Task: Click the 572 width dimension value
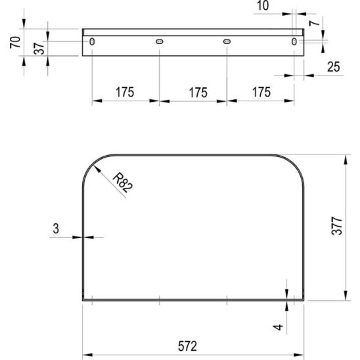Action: click(187, 346)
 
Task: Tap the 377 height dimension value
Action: click(337, 226)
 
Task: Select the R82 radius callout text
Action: click(123, 183)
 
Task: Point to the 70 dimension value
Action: click(15, 42)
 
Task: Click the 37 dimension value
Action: click(39, 48)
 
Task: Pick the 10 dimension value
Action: click(263, 5)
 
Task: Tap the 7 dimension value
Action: click(314, 23)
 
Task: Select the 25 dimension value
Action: click(334, 67)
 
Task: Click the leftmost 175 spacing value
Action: click(125, 92)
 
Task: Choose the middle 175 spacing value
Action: click(198, 93)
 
